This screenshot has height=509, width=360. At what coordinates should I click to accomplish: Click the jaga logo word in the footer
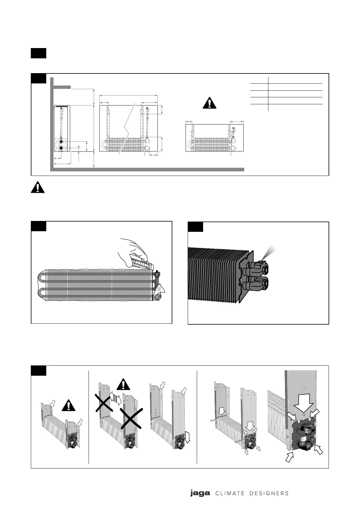pos(200,493)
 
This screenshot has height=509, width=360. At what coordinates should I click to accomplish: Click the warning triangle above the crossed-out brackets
pos(122,384)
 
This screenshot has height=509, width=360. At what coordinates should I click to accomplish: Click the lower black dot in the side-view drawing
pos(61,148)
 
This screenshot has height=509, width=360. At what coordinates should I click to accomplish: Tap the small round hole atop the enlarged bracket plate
pos(304,388)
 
